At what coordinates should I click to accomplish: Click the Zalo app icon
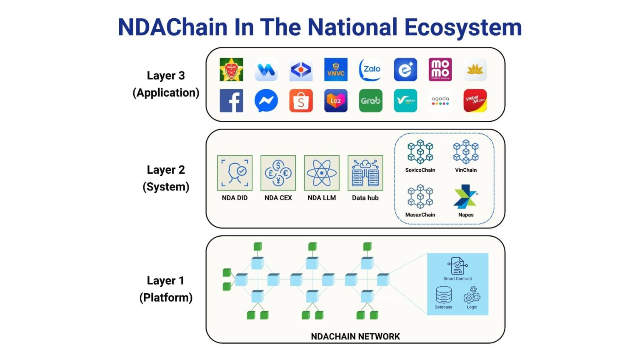370,70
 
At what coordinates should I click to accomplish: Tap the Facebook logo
231,101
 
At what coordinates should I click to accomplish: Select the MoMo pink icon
440,70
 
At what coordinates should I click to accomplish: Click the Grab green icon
370,101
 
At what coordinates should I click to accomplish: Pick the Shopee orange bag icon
301,101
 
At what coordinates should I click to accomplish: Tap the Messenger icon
266,101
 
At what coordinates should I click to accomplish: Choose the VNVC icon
336,70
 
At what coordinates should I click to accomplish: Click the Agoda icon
440,101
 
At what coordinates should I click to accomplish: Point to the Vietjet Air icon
475,101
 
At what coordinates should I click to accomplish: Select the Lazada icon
336,101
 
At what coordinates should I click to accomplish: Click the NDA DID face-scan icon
235,173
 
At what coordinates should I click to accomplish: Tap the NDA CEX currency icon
278,173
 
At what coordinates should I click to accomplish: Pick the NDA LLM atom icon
322,173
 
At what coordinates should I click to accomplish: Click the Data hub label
365,198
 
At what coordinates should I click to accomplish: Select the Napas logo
465,197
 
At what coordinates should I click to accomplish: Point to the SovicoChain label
420,170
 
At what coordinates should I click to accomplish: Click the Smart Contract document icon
457,266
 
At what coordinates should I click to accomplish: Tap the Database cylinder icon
443,295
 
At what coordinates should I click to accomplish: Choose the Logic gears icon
472,295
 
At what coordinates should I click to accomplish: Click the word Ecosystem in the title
463,27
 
